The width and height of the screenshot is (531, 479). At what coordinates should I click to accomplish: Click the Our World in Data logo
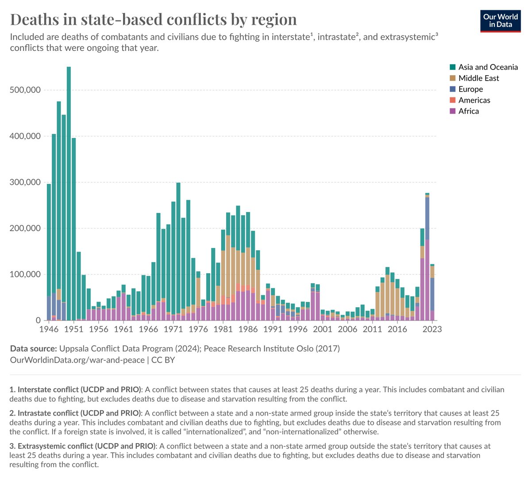point(500,21)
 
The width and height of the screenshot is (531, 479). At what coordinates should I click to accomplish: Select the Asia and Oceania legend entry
point(483,67)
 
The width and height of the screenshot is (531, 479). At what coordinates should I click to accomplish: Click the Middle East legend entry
point(474,78)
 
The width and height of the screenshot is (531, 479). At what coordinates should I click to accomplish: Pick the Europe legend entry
point(466,89)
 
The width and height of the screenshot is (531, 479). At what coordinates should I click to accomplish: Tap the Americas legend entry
point(470,100)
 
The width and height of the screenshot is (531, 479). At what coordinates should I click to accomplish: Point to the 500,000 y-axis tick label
point(25,90)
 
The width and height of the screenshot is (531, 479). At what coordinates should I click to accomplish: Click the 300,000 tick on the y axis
point(25,182)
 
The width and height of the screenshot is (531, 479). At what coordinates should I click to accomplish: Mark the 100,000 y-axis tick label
point(25,274)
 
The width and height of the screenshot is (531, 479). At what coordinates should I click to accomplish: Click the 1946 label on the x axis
point(49,329)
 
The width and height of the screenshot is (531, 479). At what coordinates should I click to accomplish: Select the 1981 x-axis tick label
point(223,329)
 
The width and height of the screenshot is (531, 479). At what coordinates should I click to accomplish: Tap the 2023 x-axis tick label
point(432,329)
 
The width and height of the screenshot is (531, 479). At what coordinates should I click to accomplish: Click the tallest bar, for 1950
point(69,193)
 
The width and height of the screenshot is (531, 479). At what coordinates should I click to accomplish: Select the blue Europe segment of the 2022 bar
point(427,218)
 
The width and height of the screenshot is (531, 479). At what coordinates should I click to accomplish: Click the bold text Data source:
point(34,348)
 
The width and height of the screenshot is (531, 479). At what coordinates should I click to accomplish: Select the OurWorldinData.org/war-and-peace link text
point(77,360)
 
